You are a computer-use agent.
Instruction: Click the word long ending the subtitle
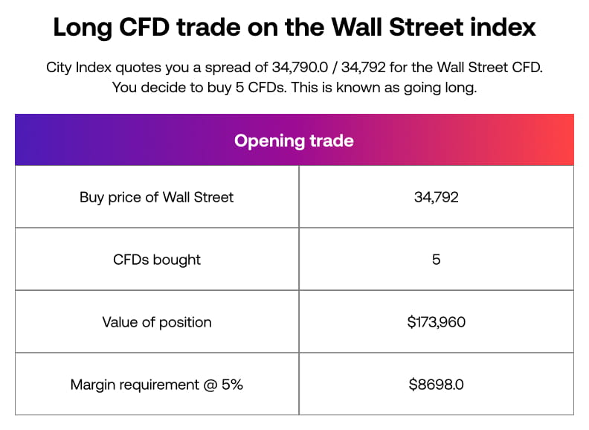[x=460, y=87]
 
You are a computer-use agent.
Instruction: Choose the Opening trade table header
[x=294, y=141]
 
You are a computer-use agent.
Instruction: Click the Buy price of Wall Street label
[x=156, y=197]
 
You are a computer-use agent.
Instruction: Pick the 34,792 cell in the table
[x=436, y=197]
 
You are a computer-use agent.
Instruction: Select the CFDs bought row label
[x=156, y=260]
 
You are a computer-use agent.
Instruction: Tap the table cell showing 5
[x=436, y=260]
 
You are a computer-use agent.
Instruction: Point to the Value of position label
[x=156, y=322]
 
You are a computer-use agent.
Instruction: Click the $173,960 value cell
[x=436, y=322]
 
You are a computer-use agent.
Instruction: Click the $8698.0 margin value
[x=436, y=385]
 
